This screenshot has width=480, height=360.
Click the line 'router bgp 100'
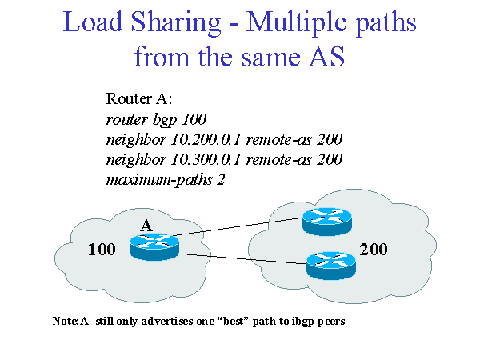pyautogui.click(x=151, y=119)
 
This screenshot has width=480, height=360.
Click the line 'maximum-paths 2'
pyautogui.click(x=166, y=179)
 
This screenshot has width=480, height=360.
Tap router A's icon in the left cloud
pyautogui.click(x=154, y=247)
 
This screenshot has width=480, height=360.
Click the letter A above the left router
pyautogui.click(x=146, y=226)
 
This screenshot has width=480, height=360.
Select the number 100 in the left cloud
pyautogui.click(x=102, y=250)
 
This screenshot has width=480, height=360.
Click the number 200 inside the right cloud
pyautogui.click(x=374, y=250)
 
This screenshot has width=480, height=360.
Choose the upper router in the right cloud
pyautogui.click(x=326, y=221)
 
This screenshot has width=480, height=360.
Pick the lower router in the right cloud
pyautogui.click(x=331, y=262)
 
